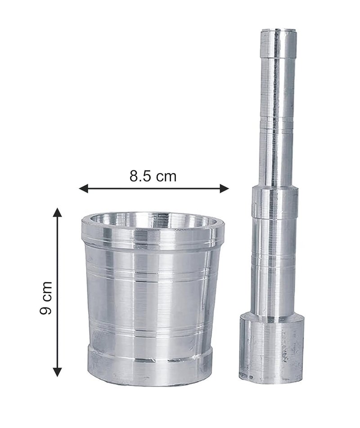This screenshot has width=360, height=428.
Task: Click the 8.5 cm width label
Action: pyautogui.click(x=153, y=176)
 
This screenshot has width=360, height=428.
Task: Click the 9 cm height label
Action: pyautogui.click(x=45, y=298)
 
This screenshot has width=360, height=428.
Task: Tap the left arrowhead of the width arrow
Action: pyautogui.click(x=83, y=188)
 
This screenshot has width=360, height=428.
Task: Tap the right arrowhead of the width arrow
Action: pyautogui.click(x=224, y=188)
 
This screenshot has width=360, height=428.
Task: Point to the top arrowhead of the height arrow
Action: pyautogui.click(x=57, y=212)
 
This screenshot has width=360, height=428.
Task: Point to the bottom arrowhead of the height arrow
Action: pyautogui.click(x=57, y=372)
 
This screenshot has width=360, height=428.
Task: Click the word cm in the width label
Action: pyautogui.click(x=166, y=178)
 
